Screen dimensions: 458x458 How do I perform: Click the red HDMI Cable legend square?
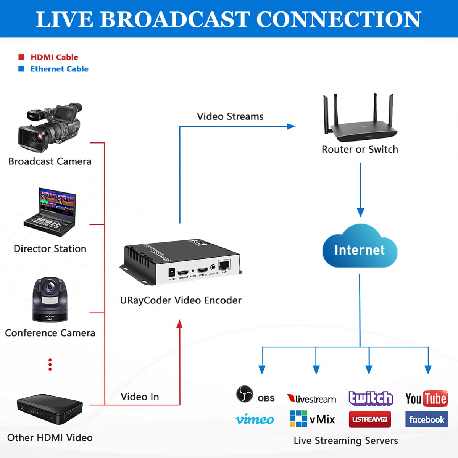pyautogui.click(x=22, y=57)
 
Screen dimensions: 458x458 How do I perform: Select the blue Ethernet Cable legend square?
pyautogui.click(x=22, y=69)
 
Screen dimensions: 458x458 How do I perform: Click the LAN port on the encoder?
pyautogui.click(x=224, y=265)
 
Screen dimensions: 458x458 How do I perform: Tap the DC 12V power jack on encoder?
pyautogui.click(x=172, y=273)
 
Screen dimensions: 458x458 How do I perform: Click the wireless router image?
pyautogui.click(x=360, y=118)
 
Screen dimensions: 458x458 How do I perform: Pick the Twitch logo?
pyautogui.click(x=370, y=398)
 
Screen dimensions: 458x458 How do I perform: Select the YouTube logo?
pyautogui.click(x=426, y=398)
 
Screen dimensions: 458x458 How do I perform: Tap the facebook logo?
pyautogui.click(x=426, y=419)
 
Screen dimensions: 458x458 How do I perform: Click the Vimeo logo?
pyautogui.click(x=255, y=419)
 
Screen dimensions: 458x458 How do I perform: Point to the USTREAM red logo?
pyautogui.click(x=369, y=419)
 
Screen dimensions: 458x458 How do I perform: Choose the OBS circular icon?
pyautogui.click(x=244, y=394)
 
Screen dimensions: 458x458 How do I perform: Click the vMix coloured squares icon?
pyautogui.click(x=298, y=419)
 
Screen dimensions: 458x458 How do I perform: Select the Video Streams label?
pyautogui.click(x=230, y=116)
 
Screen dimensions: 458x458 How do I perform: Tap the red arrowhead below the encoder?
pyautogui.click(x=180, y=324)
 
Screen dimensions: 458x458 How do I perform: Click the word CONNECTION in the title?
pyautogui.click(x=339, y=19)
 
